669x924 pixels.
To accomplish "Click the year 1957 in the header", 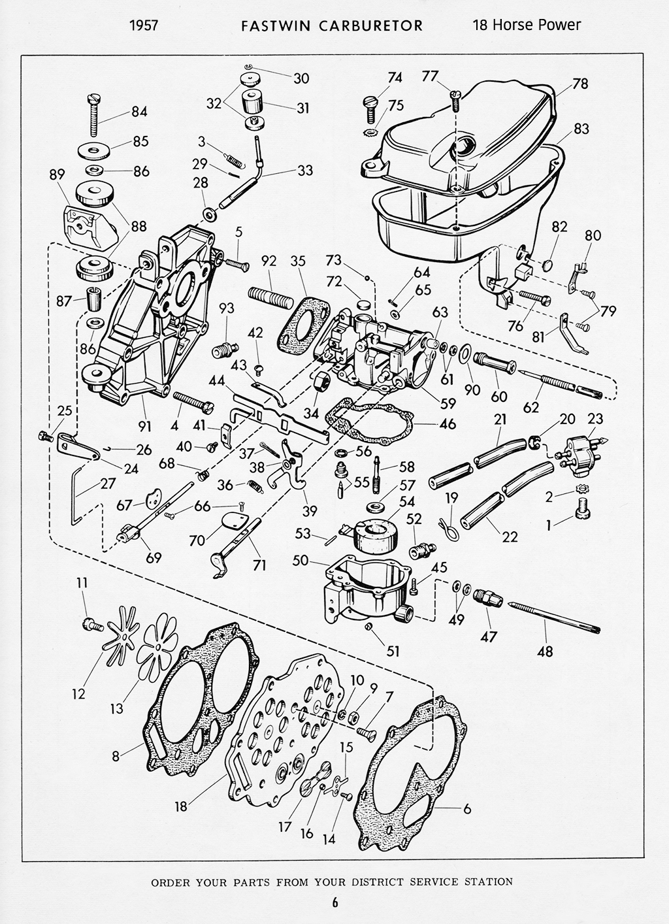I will tap(145, 25).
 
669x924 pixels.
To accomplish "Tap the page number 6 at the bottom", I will tap(334, 903).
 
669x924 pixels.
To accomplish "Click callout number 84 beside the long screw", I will tap(139, 112).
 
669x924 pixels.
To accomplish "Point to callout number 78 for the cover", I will tap(579, 84).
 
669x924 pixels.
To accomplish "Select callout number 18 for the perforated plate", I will tap(181, 806).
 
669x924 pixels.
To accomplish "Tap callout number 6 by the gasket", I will tap(466, 808).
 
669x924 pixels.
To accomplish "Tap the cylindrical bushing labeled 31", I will tap(253, 102).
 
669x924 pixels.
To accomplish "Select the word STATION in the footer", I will tap(489, 882).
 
